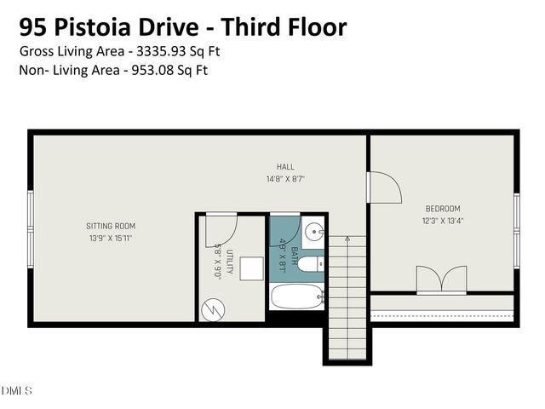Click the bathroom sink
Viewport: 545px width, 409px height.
313,231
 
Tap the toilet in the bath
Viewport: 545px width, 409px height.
311,264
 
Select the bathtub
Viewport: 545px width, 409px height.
296,297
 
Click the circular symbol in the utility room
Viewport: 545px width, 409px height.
211,308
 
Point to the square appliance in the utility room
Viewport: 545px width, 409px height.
250,268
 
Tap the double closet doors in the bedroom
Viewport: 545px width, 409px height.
441,280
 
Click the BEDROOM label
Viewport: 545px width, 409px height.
443,209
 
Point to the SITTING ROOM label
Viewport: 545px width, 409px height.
111,226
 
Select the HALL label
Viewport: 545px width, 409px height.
285,166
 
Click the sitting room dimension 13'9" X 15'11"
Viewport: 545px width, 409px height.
111,239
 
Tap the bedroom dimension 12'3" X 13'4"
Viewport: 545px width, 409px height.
443,221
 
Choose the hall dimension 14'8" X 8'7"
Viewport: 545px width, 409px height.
285,179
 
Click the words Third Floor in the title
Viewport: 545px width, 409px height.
292,26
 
